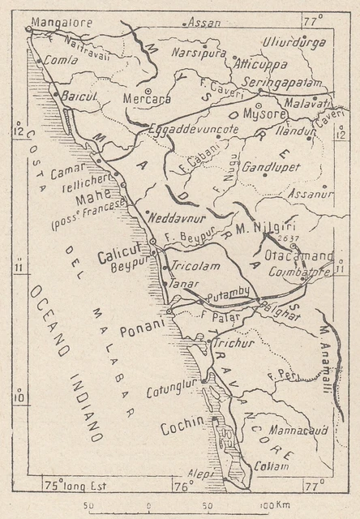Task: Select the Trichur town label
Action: pos(234,343)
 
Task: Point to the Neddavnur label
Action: pos(179,218)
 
